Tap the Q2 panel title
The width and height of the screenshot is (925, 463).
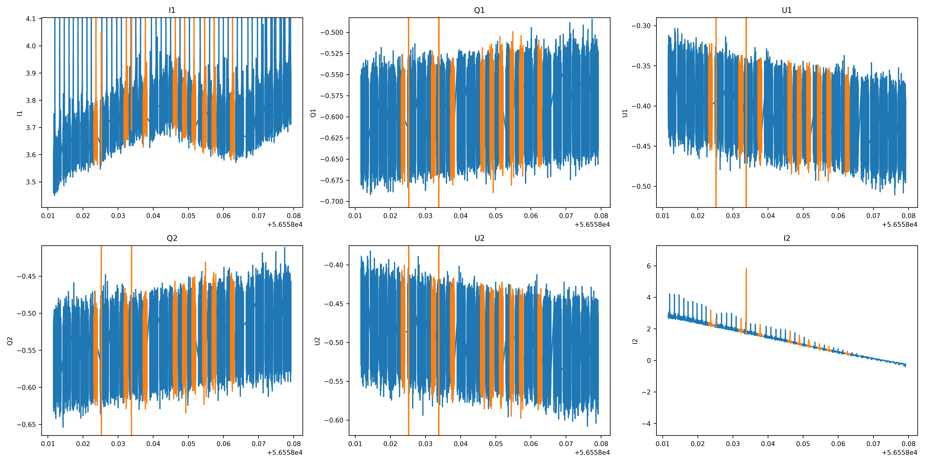172,238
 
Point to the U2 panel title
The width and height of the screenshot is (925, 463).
479,238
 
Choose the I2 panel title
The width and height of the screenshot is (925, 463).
787,238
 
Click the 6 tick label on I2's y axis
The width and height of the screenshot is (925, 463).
649,266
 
